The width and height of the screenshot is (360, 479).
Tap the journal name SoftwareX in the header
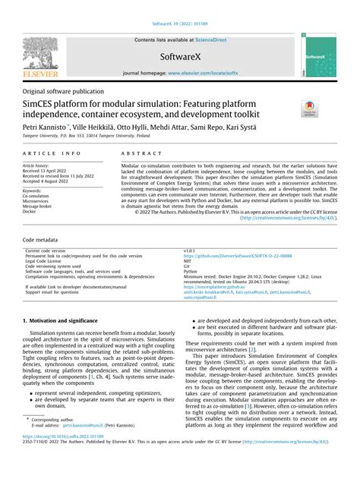(180, 57)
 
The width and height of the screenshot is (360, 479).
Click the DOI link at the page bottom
(63, 459)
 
